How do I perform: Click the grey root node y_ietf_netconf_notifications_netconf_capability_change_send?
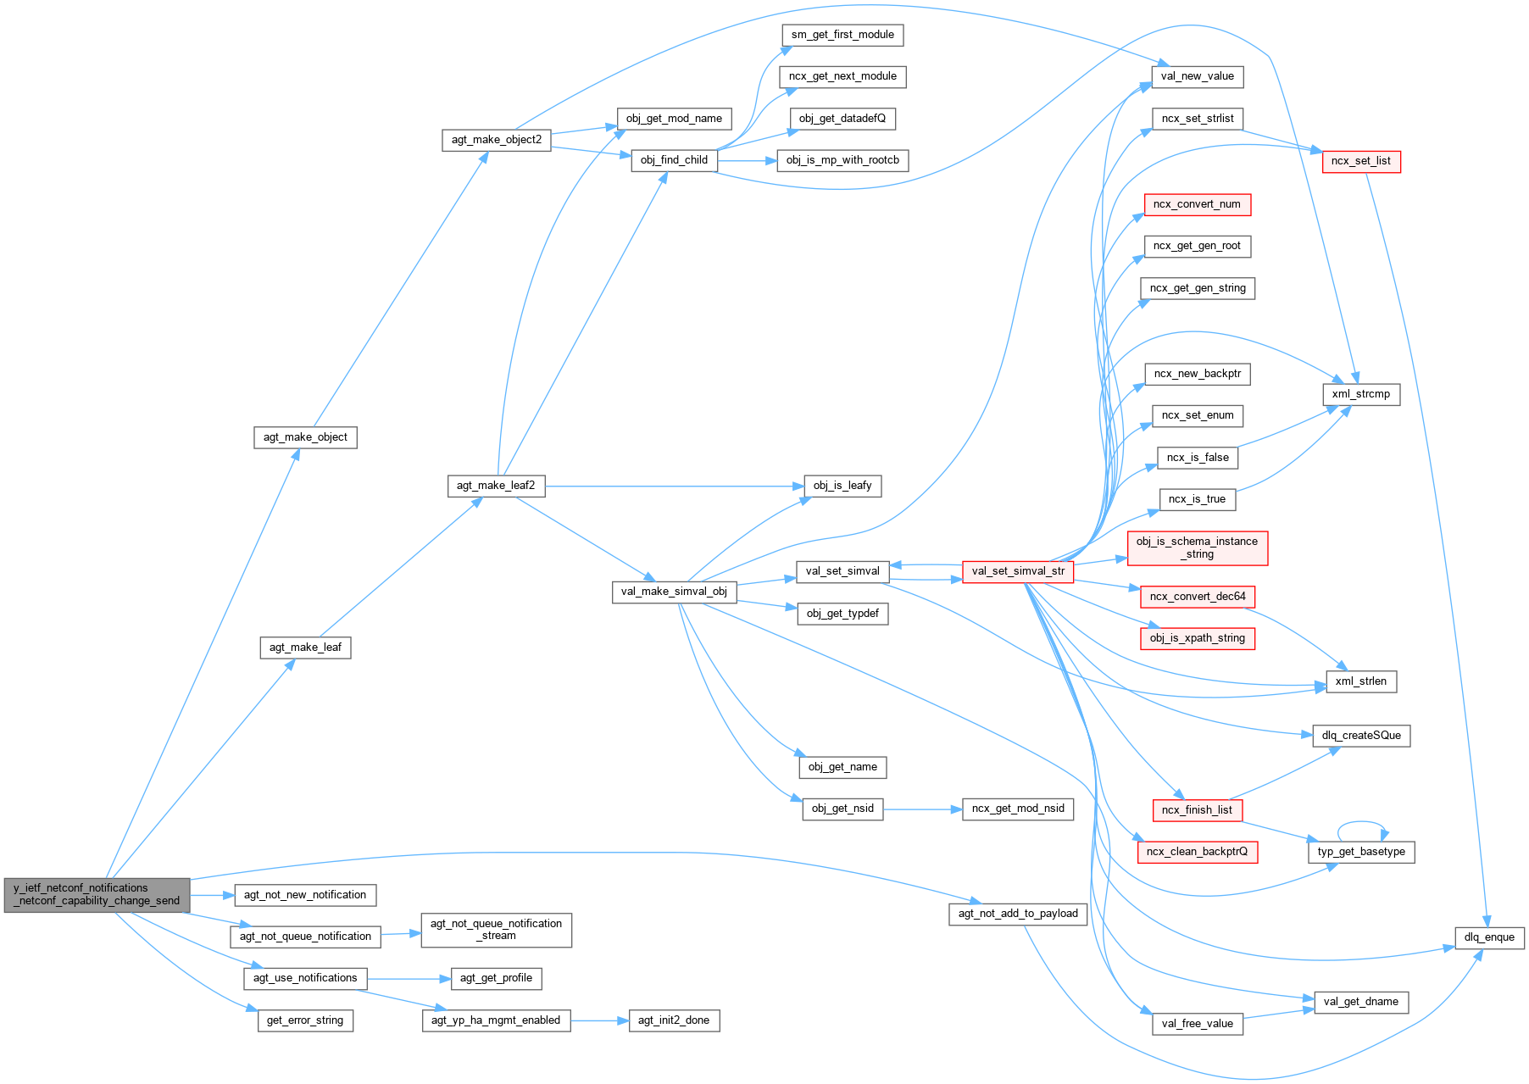97,894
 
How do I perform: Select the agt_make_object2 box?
496,140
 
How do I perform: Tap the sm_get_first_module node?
842,35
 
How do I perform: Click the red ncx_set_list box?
1360,161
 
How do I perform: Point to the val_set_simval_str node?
1017,571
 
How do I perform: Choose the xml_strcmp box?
1360,394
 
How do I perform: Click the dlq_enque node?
1489,937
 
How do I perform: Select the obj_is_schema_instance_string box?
1197,548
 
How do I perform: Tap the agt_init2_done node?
673,1020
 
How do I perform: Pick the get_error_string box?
304,1020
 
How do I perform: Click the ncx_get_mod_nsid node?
1017,809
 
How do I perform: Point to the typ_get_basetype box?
1360,852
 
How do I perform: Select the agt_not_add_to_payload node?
1017,914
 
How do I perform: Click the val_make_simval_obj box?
673,592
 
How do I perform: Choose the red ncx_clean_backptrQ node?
1196,852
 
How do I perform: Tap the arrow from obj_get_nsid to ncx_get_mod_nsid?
922,809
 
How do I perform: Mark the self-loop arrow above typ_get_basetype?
1362,821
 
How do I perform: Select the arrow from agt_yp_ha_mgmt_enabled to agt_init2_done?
598,1021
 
